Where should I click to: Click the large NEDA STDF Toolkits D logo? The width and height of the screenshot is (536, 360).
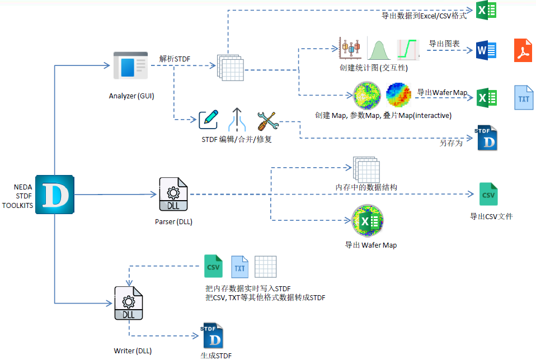pos(55,194)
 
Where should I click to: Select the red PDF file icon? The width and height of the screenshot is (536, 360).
pos(523,50)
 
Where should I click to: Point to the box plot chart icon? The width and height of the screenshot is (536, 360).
pos(350,49)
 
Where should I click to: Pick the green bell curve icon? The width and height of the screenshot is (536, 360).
pos(380,49)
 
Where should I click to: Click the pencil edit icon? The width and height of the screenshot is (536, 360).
pos(208,119)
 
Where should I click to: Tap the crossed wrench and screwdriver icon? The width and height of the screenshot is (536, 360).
pos(267,120)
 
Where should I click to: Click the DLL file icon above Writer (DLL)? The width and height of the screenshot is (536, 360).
pos(129,304)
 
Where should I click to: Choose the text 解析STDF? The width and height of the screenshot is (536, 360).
pos(175,58)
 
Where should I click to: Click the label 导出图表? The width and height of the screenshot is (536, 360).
pos(440,43)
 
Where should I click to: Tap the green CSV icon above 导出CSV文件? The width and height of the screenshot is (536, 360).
pos(488,194)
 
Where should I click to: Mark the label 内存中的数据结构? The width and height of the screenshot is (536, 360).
pos(366,187)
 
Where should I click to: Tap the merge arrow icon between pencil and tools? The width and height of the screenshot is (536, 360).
pos(237,119)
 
